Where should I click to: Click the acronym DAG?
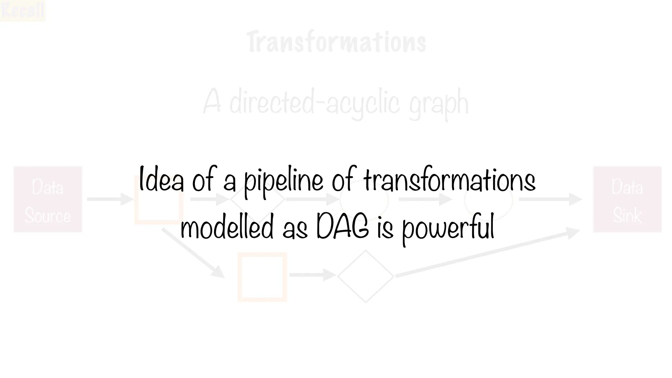click(343, 227)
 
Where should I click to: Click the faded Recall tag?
click(23, 10)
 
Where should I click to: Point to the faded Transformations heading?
click(336, 42)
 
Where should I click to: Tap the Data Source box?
click(48, 199)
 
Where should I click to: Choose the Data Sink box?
click(627, 199)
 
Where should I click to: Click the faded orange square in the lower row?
click(262, 277)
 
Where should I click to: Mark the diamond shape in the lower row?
click(366, 276)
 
